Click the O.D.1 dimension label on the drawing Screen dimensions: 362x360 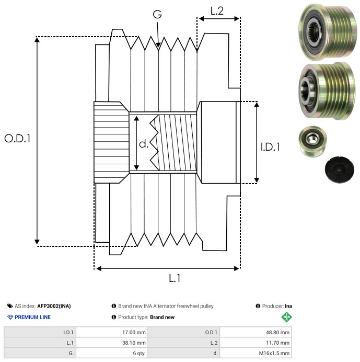pyautogui.click(x=17, y=139)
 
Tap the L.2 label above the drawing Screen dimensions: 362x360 pyautogui.click(x=217, y=10)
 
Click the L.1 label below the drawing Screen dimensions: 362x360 pyautogui.click(x=174, y=279)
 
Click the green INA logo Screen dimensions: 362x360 pyautogui.click(x=285, y=317)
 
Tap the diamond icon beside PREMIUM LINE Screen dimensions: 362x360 pyautogui.click(x=10, y=317)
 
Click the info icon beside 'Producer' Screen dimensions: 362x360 pyautogui.click(x=258, y=306)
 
